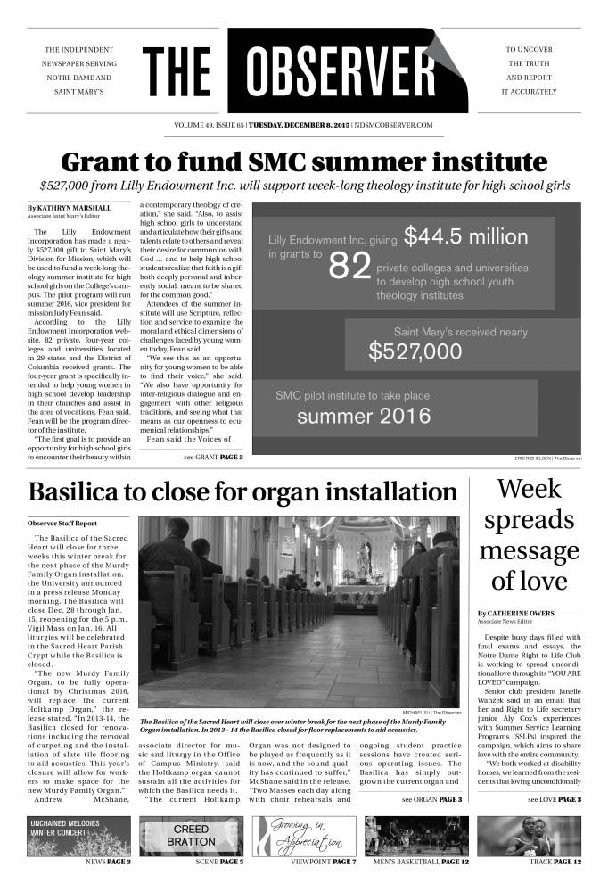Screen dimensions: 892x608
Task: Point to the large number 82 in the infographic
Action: pyautogui.click(x=349, y=266)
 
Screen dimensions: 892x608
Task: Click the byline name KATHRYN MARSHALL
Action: pyautogui.click(x=77, y=207)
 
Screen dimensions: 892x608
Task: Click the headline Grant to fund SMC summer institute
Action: pyautogui.click(x=303, y=162)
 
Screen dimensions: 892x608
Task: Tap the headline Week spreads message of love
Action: pyautogui.click(x=530, y=534)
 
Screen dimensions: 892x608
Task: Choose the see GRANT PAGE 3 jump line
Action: pyautogui.click(x=213, y=457)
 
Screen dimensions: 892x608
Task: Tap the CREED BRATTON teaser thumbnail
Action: pyautogui.click(x=191, y=836)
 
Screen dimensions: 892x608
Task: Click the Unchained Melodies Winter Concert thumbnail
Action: pyautogui.click(x=78, y=836)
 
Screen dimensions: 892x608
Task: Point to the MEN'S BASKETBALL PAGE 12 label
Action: pyautogui.click(x=416, y=863)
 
